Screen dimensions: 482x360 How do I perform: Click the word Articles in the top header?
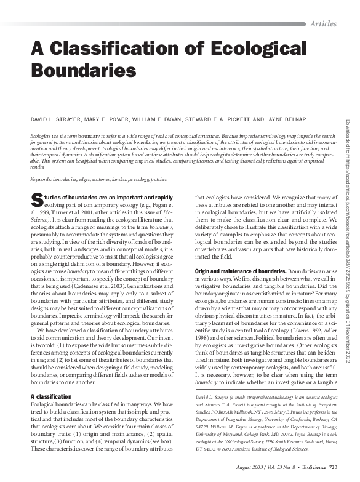(x=323, y=23)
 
